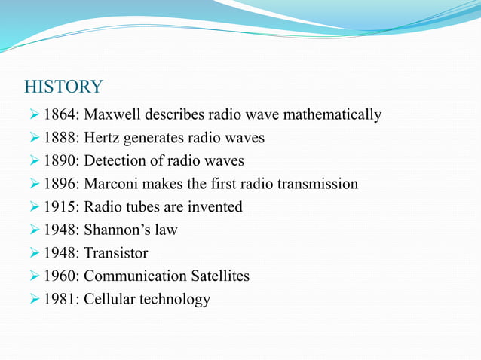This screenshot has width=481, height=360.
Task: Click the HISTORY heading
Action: click(63, 87)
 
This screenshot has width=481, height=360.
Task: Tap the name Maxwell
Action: click(115, 115)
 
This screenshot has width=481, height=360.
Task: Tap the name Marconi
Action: click(115, 185)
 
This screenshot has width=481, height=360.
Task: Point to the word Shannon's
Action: click(118, 230)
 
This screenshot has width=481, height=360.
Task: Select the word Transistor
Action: click(116, 253)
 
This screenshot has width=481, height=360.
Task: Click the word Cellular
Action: click(109, 299)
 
